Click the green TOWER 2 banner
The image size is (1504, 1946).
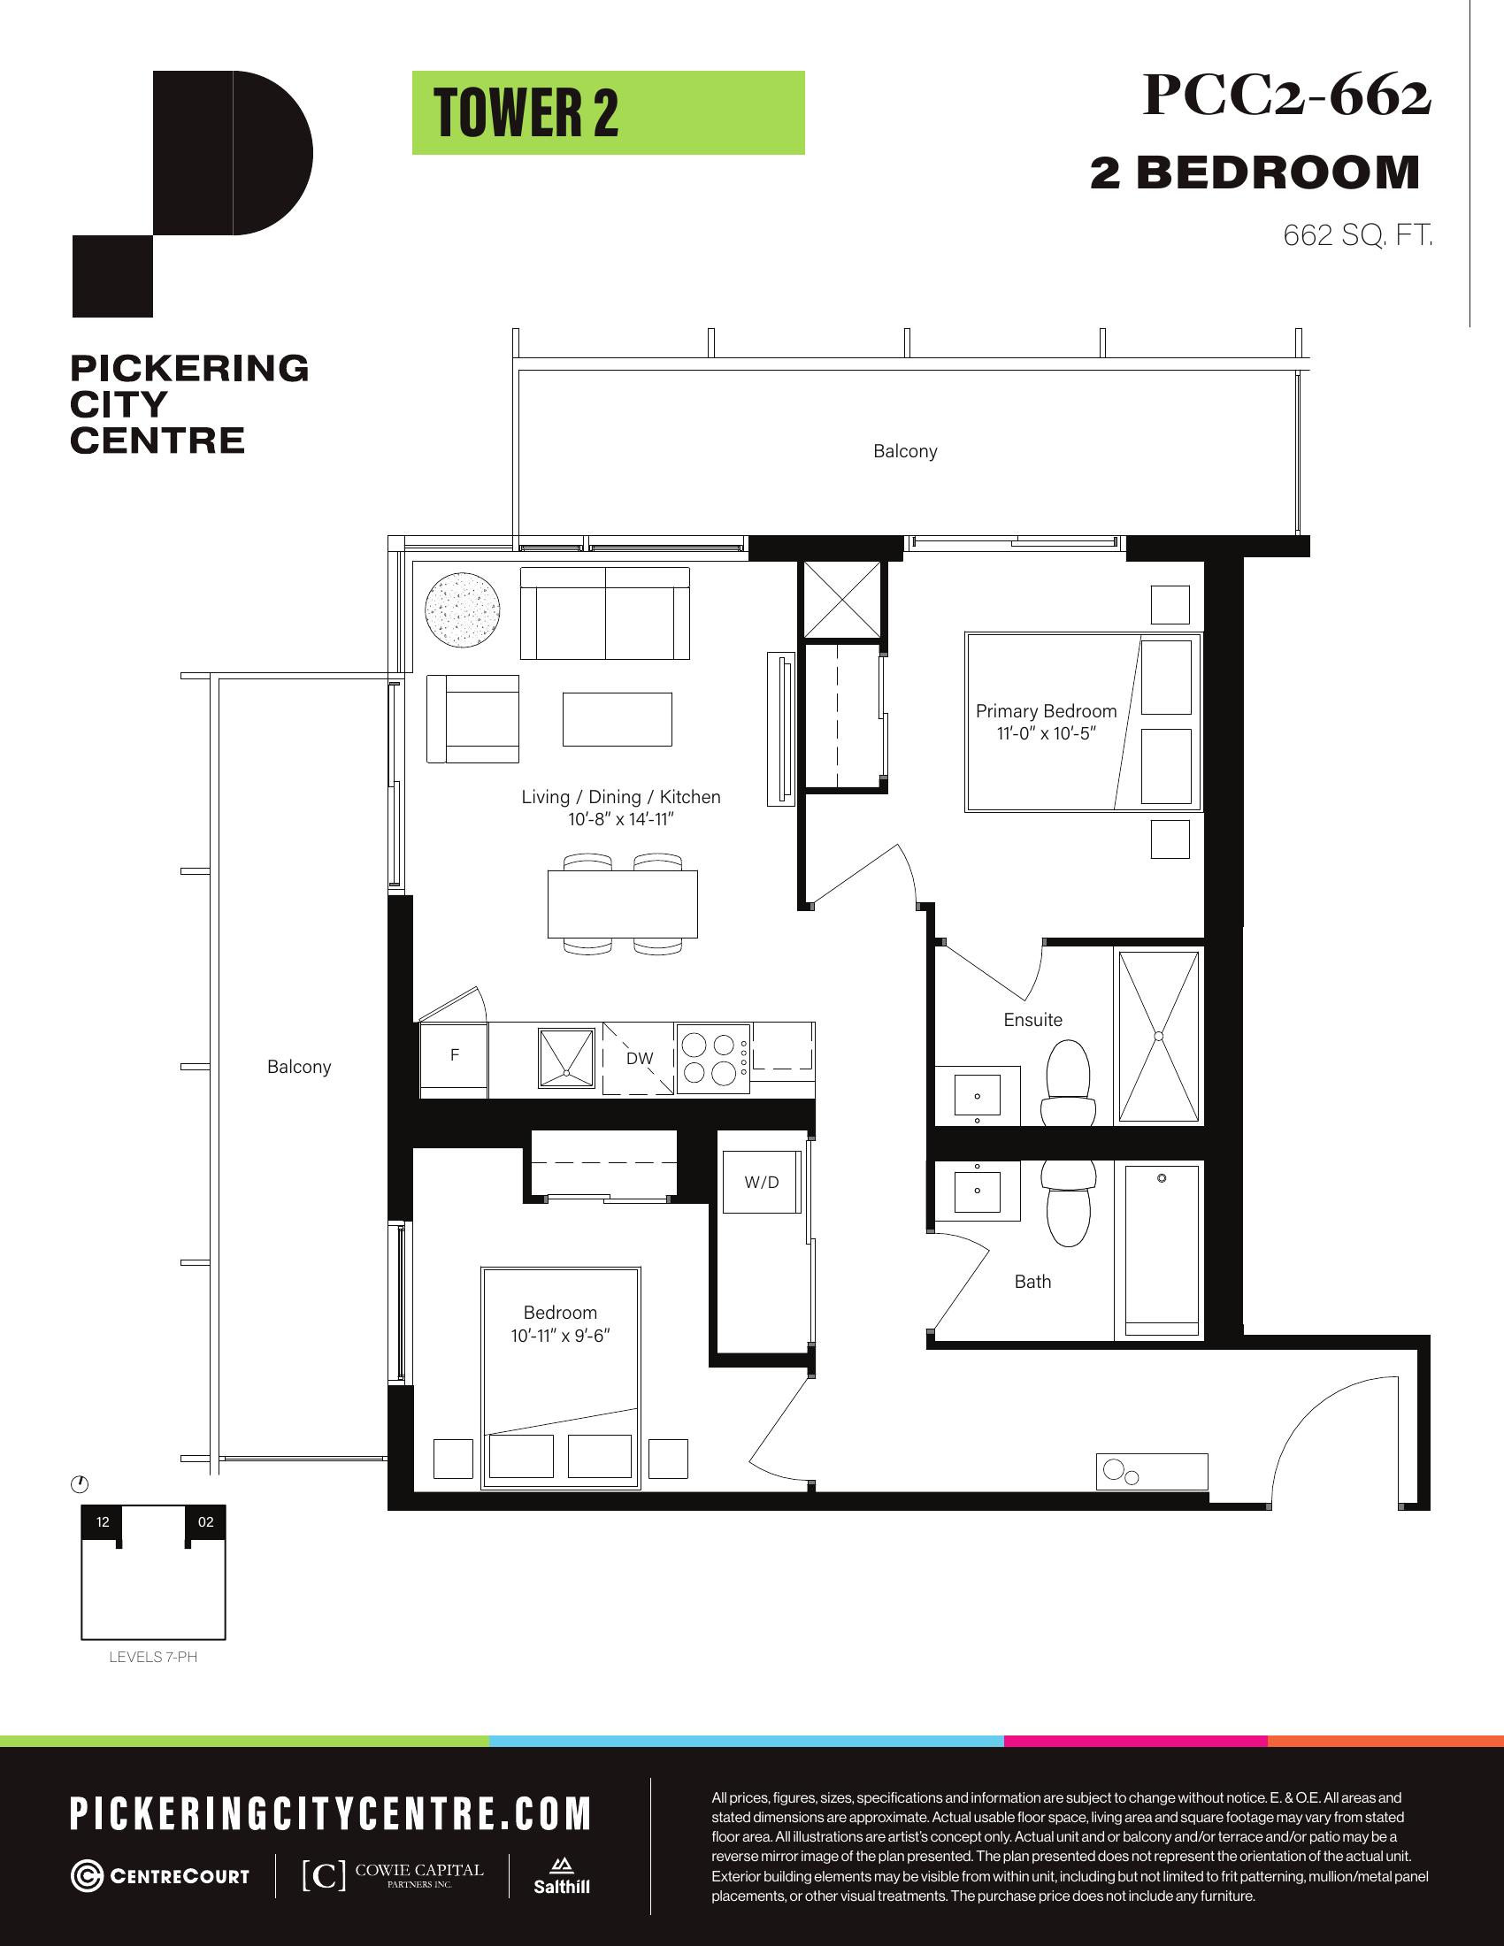coord(609,113)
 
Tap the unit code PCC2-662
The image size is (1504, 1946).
coord(1286,96)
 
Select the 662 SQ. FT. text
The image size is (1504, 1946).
coord(1358,235)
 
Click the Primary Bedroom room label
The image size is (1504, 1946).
coord(1046,711)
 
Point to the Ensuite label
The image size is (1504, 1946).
coord(1032,1020)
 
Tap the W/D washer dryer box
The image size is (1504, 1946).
coord(762,1183)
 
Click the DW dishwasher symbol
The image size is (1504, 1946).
coord(639,1059)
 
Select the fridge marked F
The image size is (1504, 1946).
coord(454,1060)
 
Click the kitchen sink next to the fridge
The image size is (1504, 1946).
coord(566,1058)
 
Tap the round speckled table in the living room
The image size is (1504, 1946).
coord(463,610)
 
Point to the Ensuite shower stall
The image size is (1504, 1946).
coord(1159,1037)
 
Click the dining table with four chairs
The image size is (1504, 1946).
coord(623,903)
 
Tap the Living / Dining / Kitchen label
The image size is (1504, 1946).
coord(621,798)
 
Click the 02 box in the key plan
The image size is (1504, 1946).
coord(206,1522)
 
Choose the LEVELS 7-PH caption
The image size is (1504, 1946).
coord(153,1658)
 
